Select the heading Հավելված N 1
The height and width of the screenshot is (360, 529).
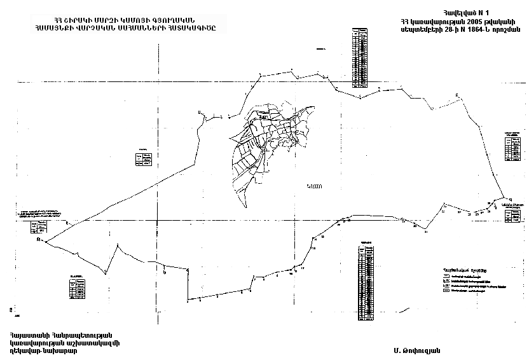(x=460, y=12)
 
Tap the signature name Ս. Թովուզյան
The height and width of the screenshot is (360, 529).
(x=416, y=350)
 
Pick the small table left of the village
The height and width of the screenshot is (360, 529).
(x=143, y=158)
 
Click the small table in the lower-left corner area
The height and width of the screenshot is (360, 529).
(x=76, y=287)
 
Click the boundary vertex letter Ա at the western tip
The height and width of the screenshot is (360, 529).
(x=39, y=240)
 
